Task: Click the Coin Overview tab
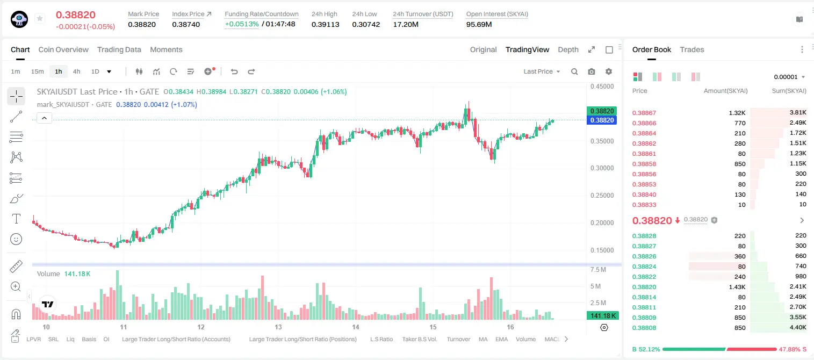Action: tap(63, 49)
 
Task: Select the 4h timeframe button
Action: tap(76, 71)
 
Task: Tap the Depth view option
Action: tap(568, 49)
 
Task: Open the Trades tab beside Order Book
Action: tap(692, 49)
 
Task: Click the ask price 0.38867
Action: tap(644, 113)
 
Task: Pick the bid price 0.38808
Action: tap(644, 328)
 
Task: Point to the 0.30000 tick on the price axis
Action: tap(602, 168)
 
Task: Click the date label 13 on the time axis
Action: tap(278, 327)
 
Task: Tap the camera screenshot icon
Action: tap(592, 71)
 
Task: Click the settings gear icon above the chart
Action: tap(609, 71)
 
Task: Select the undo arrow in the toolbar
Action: tap(234, 71)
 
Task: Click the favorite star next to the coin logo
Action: tap(40, 18)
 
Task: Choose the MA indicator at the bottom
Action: tap(483, 339)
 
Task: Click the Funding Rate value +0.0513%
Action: tap(242, 24)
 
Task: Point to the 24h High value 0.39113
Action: tap(325, 24)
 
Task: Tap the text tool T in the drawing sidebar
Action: tap(16, 219)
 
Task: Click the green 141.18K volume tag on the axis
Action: tap(603, 316)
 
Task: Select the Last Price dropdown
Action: tap(542, 71)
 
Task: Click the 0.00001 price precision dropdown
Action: tap(789, 77)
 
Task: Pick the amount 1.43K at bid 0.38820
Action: tap(737, 287)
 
